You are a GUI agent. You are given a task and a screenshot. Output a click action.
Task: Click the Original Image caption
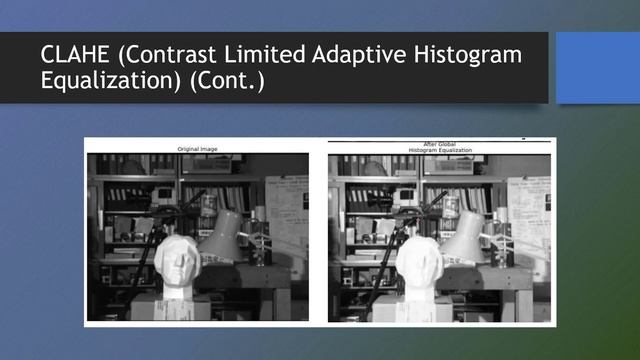(x=197, y=149)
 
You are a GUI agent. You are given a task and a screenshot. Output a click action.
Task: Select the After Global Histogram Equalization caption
(x=439, y=147)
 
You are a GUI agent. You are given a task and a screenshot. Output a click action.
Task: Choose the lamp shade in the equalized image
(x=466, y=235)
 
